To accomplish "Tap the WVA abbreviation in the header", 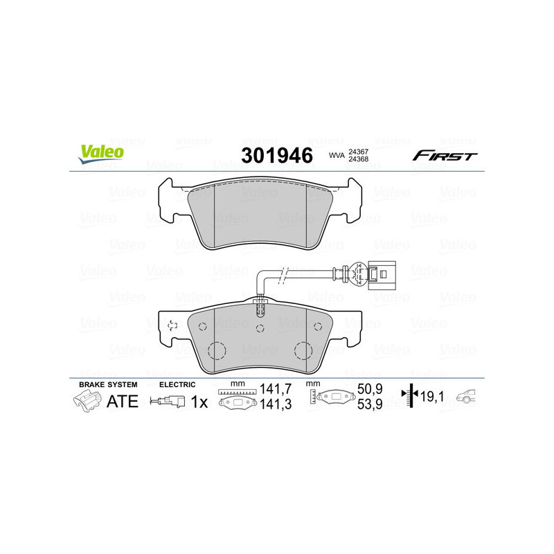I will tap(337, 156).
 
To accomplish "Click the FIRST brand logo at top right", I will tap(445, 156).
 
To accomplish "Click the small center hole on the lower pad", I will tap(260, 328).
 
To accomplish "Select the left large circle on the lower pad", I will tap(217, 350).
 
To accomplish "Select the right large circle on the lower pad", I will tap(303, 350).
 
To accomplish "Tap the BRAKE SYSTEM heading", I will tap(108, 384).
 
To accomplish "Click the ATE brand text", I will tap(123, 402).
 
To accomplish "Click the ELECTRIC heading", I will tap(177, 384).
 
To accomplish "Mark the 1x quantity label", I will tap(199, 402).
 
